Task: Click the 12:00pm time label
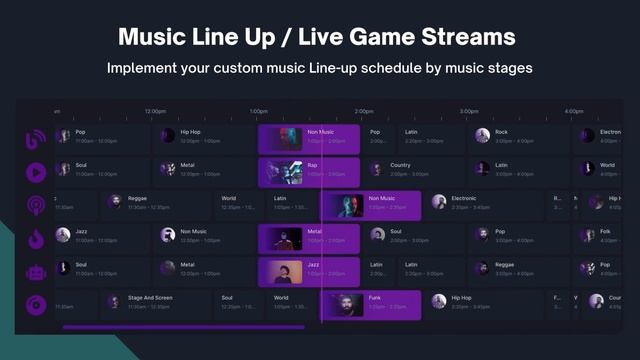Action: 155,111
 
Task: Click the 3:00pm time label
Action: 469,111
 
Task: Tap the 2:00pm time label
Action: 364,111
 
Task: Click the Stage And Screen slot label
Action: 150,297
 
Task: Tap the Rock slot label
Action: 501,132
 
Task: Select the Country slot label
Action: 400,165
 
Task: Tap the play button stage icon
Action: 35,172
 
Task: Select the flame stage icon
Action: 35,238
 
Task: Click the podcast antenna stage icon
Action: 35,205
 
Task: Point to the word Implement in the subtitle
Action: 149,69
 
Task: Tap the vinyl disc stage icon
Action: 35,304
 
